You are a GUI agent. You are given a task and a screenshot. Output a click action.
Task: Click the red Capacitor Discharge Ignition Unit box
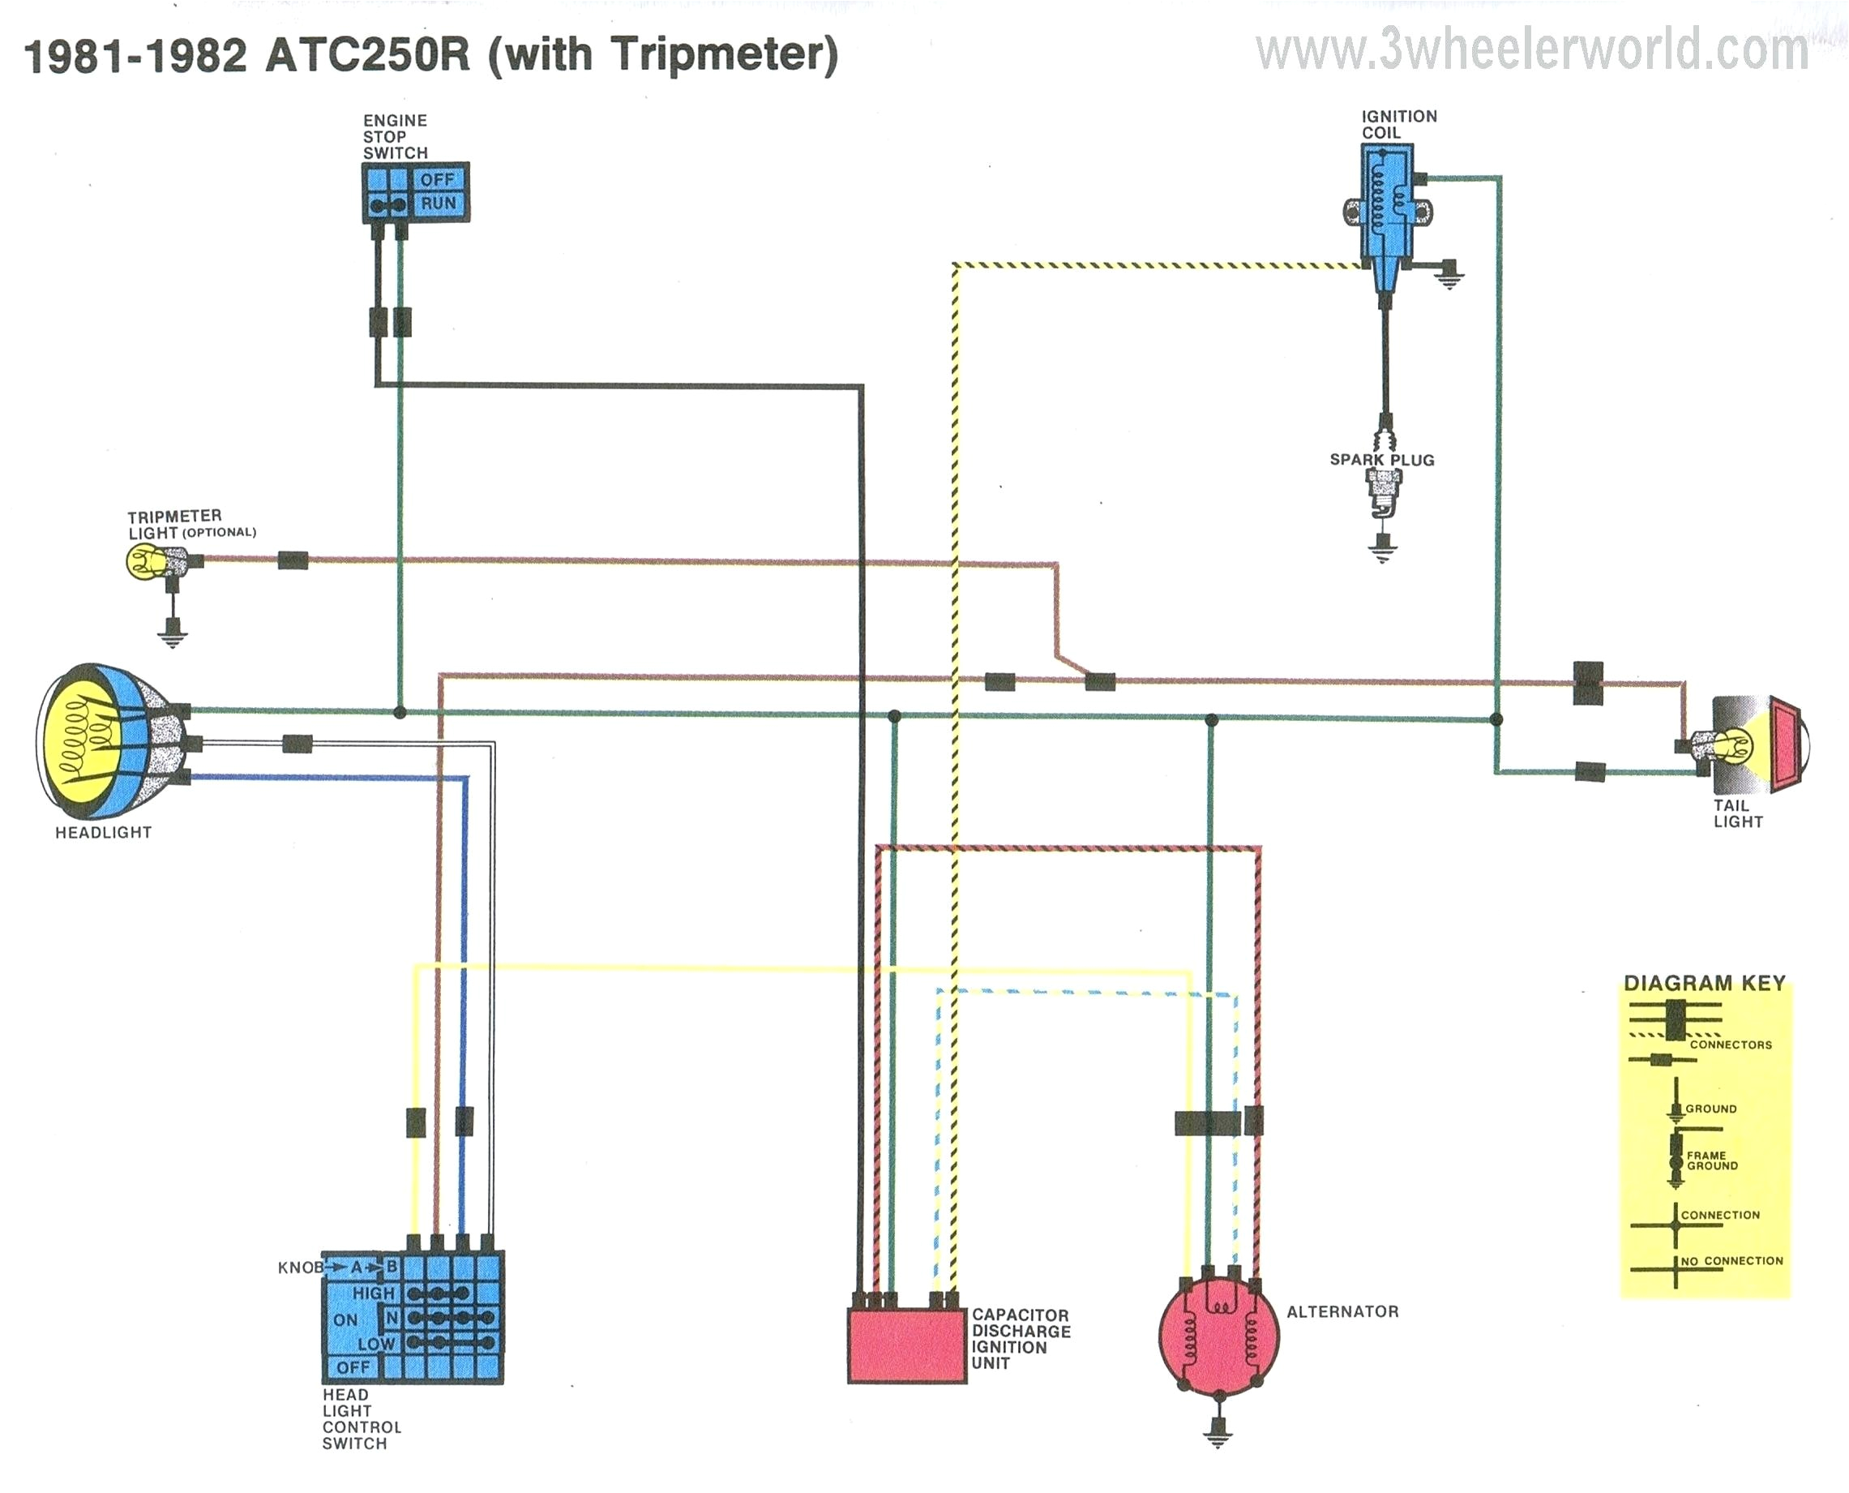(x=907, y=1346)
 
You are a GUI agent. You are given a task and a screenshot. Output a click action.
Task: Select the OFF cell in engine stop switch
(x=438, y=180)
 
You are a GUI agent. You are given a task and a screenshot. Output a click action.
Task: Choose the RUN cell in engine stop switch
(x=438, y=204)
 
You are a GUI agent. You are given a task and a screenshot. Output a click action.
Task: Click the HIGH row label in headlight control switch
(x=373, y=1293)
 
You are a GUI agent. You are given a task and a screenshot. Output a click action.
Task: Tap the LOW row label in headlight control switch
(x=375, y=1343)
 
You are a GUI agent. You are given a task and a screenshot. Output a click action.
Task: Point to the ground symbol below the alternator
(x=1218, y=1435)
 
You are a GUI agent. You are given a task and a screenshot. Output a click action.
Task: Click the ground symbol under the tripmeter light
(x=173, y=637)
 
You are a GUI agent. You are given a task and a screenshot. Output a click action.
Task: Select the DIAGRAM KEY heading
(x=1704, y=983)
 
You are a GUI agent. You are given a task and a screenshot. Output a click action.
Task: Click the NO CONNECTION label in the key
(x=1731, y=1261)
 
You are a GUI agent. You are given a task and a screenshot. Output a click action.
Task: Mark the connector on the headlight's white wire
(x=297, y=743)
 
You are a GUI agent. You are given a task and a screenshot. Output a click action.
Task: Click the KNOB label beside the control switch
(x=299, y=1268)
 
